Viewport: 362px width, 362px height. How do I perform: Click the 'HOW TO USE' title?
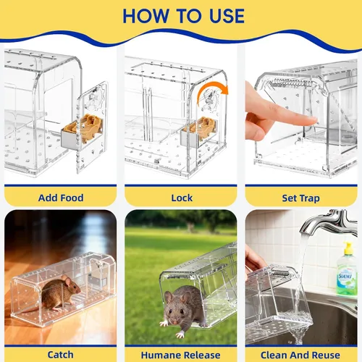[x=183, y=16]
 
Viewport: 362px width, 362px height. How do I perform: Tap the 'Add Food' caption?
[x=61, y=198]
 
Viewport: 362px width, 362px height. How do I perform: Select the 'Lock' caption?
[x=182, y=198]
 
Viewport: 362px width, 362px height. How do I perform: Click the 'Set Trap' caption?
[x=301, y=198]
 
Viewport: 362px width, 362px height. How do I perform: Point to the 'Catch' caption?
[x=60, y=355]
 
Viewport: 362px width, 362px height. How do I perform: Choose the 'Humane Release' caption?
[x=180, y=355]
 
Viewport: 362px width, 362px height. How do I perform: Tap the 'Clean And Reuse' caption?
[x=300, y=355]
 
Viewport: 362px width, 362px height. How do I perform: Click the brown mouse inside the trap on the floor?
[x=60, y=293]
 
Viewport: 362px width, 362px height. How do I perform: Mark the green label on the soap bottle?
[x=347, y=280]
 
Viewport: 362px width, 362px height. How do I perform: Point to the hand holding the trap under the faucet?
[x=253, y=260]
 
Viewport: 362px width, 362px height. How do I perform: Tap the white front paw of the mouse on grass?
[x=180, y=334]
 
